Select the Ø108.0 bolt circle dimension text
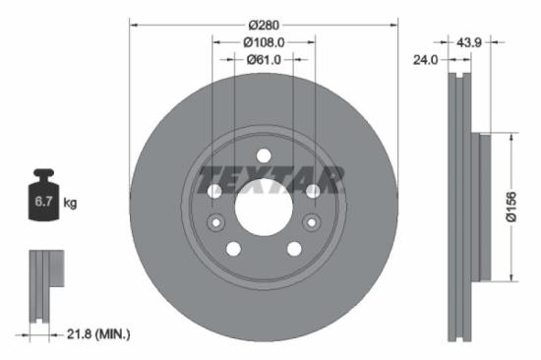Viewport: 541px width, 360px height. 263,42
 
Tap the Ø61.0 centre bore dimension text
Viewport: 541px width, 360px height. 263,60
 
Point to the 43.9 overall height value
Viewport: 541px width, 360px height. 468,42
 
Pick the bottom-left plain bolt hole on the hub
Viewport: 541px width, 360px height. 233,249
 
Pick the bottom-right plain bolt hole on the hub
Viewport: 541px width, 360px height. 293,249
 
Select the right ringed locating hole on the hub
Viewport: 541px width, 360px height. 313,191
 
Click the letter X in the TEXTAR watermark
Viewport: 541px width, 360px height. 262,181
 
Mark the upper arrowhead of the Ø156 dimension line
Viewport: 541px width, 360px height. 511,139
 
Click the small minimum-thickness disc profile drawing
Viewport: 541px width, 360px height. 44,285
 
